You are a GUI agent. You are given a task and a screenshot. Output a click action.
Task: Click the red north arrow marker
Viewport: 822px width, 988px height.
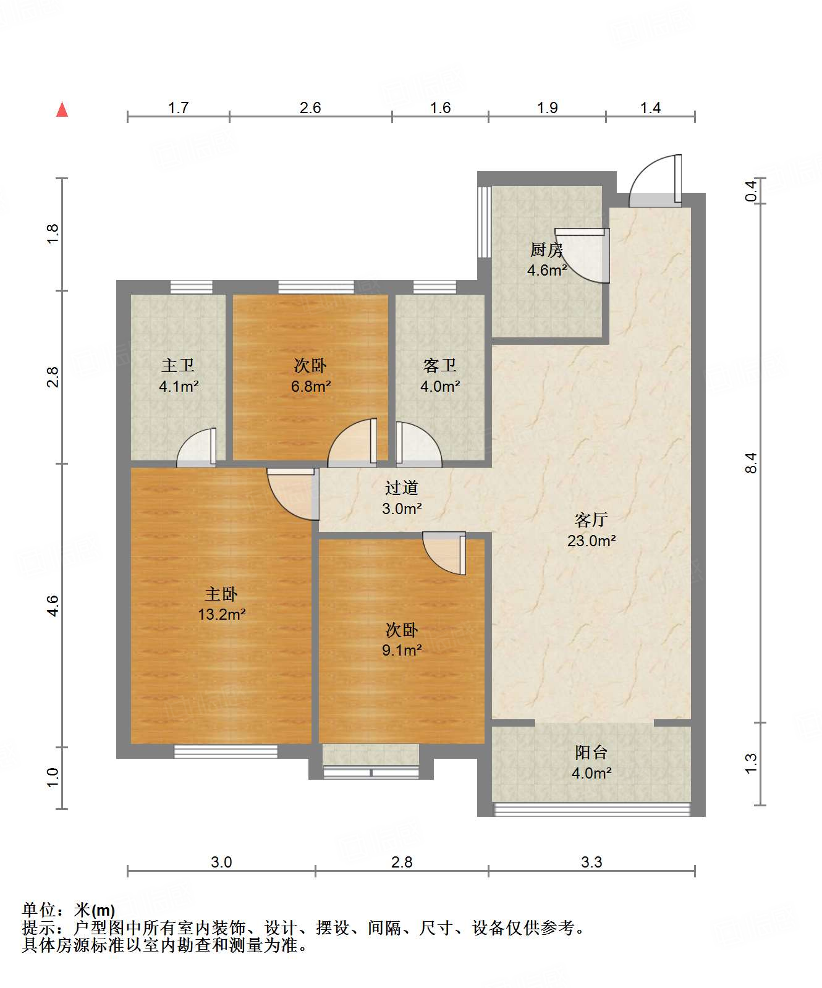[x=62, y=109]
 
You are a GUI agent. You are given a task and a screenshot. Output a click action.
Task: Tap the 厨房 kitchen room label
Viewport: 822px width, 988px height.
[x=547, y=250]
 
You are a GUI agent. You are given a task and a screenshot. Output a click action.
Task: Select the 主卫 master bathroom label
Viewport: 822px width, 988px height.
[x=178, y=366]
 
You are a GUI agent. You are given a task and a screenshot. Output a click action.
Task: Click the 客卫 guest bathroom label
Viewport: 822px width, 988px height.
[x=440, y=366]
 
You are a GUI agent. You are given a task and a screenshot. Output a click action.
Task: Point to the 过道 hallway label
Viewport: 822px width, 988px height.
[x=402, y=488]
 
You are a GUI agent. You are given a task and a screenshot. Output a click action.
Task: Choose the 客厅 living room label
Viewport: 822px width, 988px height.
[x=591, y=520]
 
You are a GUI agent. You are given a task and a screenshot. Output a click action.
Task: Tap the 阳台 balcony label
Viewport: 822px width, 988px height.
[x=591, y=753]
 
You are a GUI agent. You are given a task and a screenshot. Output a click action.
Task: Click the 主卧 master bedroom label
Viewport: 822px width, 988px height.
[x=221, y=594]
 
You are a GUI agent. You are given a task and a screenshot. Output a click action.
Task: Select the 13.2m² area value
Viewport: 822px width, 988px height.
[x=222, y=614]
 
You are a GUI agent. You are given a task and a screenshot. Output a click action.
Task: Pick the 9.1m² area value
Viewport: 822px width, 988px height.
[x=402, y=650]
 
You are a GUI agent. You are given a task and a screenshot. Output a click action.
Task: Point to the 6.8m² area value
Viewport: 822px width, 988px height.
[x=311, y=387]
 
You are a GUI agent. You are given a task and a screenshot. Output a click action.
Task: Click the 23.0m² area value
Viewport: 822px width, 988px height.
[x=591, y=541]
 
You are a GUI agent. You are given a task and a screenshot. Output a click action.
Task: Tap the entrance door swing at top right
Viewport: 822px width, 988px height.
[x=655, y=180]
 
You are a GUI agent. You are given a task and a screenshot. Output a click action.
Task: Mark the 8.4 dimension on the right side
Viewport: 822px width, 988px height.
[x=750, y=463]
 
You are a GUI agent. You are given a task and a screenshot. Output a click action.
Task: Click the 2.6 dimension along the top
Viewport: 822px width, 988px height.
[x=310, y=108]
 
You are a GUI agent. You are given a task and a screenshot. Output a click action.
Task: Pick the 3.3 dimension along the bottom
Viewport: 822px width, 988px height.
[x=591, y=862]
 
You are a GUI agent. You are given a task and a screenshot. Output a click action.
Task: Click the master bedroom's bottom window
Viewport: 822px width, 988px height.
[x=226, y=751]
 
